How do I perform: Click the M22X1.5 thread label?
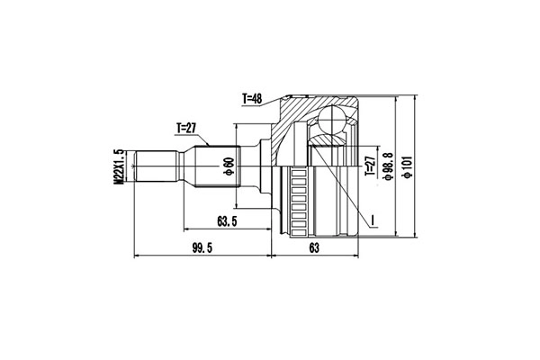[118, 168]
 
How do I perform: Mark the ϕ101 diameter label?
[409, 167]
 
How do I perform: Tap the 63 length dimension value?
[315, 249]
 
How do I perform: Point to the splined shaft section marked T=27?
[211, 168]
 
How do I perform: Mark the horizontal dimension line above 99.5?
[202, 257]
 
